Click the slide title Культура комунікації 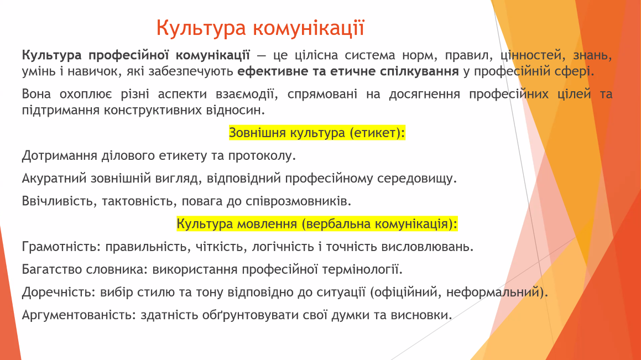pos(260,28)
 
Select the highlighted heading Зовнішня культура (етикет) pos(317,133)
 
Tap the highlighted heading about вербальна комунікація pos(317,224)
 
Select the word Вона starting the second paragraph pos(37,94)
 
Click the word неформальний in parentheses pos(493,292)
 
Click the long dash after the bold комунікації pos(262,56)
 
